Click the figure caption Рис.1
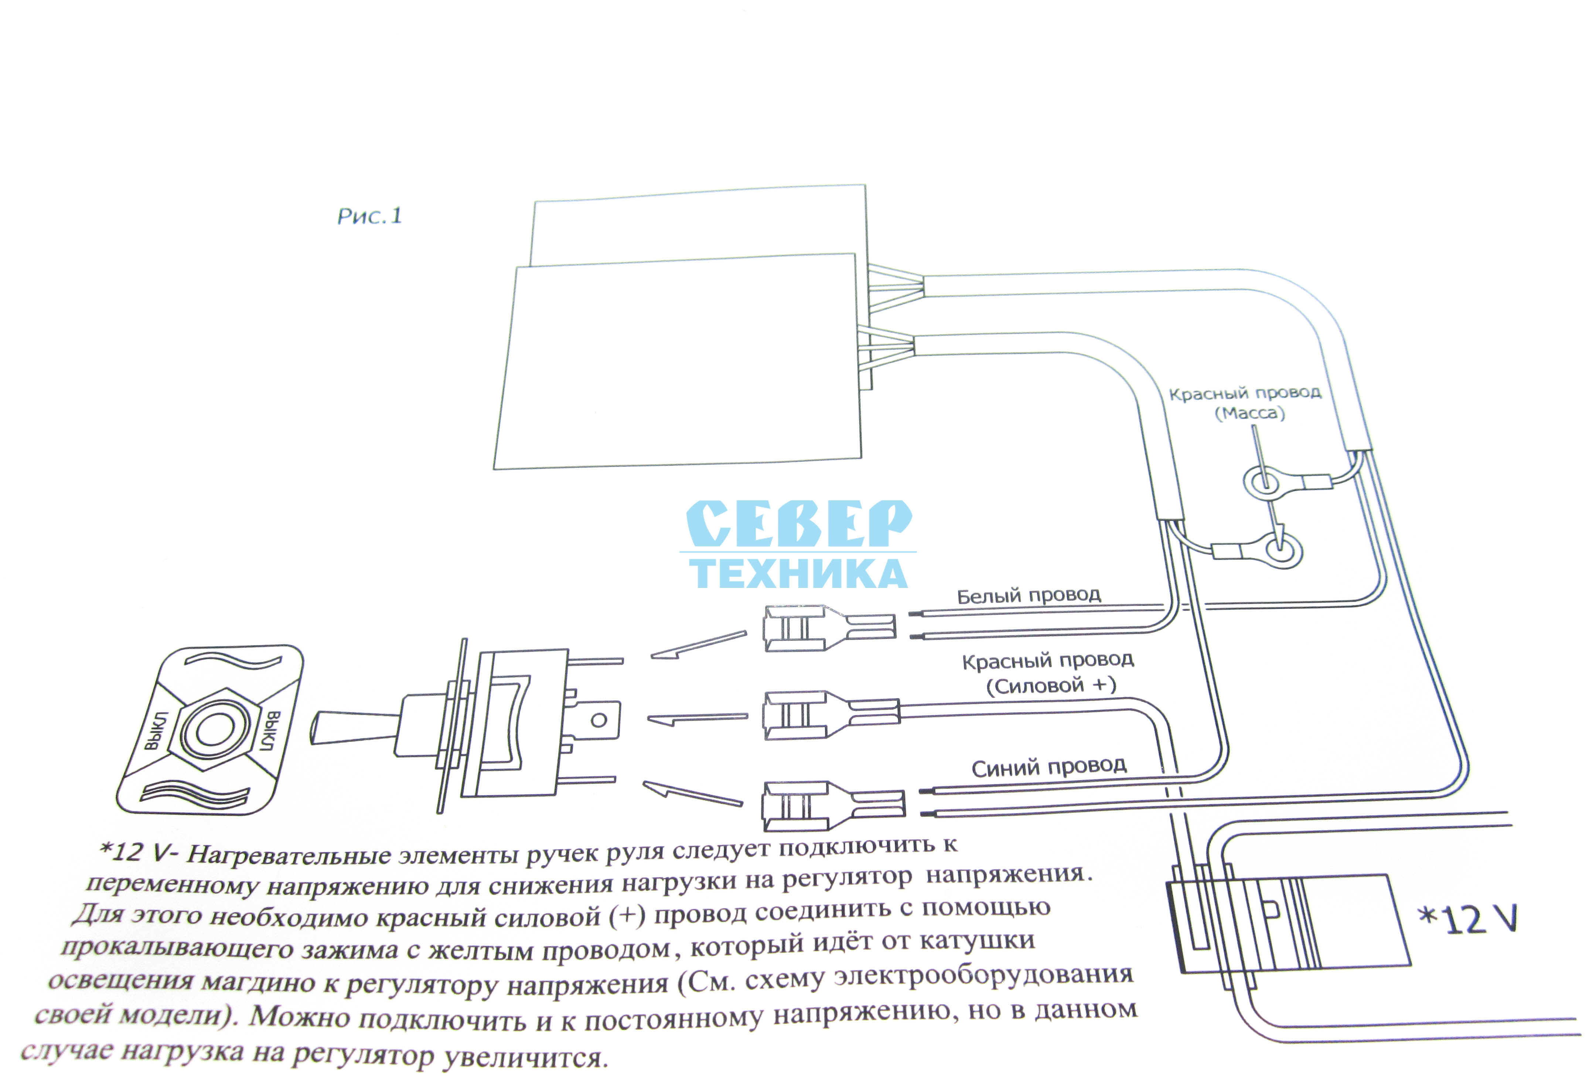[369, 216]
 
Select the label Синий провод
[1048, 766]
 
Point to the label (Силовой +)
[1051, 686]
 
